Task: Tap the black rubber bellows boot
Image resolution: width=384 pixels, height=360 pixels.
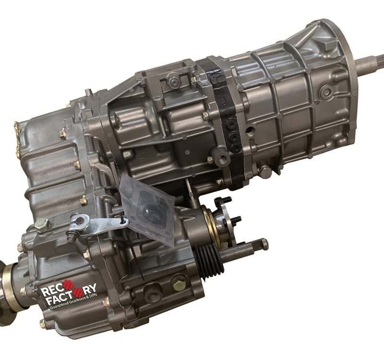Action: pos(209,260)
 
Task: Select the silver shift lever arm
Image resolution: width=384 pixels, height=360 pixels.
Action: pos(98,225)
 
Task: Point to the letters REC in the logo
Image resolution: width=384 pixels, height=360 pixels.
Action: pos(51,291)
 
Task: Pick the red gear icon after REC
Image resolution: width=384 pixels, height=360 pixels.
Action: pos(68,286)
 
